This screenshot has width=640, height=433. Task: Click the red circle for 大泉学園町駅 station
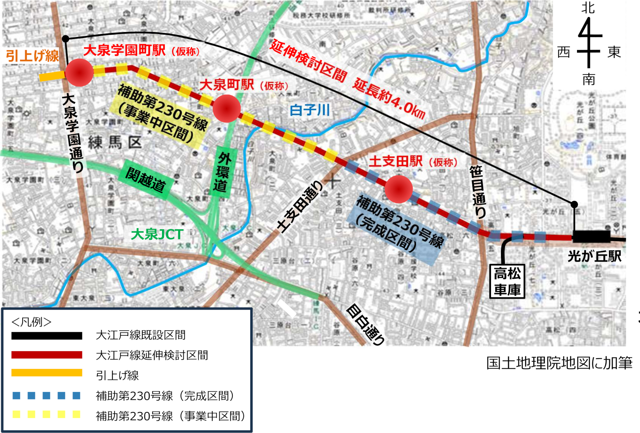79,73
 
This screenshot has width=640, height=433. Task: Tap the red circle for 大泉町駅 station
227,108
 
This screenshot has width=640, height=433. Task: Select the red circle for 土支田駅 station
399,189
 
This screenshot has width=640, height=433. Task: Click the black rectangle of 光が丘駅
591,236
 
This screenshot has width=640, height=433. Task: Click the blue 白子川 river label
310,110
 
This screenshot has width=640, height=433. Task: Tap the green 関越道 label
146,180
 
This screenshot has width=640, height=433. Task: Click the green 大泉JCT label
157,234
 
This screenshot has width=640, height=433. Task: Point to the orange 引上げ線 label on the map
32,56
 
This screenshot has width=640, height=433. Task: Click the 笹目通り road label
478,192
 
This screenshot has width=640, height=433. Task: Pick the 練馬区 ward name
115,143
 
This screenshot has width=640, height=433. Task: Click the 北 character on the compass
588,8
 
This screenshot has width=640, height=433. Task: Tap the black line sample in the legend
47,336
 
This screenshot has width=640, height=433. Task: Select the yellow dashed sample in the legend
47,414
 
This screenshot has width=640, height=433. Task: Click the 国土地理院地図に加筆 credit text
559,363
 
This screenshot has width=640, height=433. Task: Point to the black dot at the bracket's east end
574,204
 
